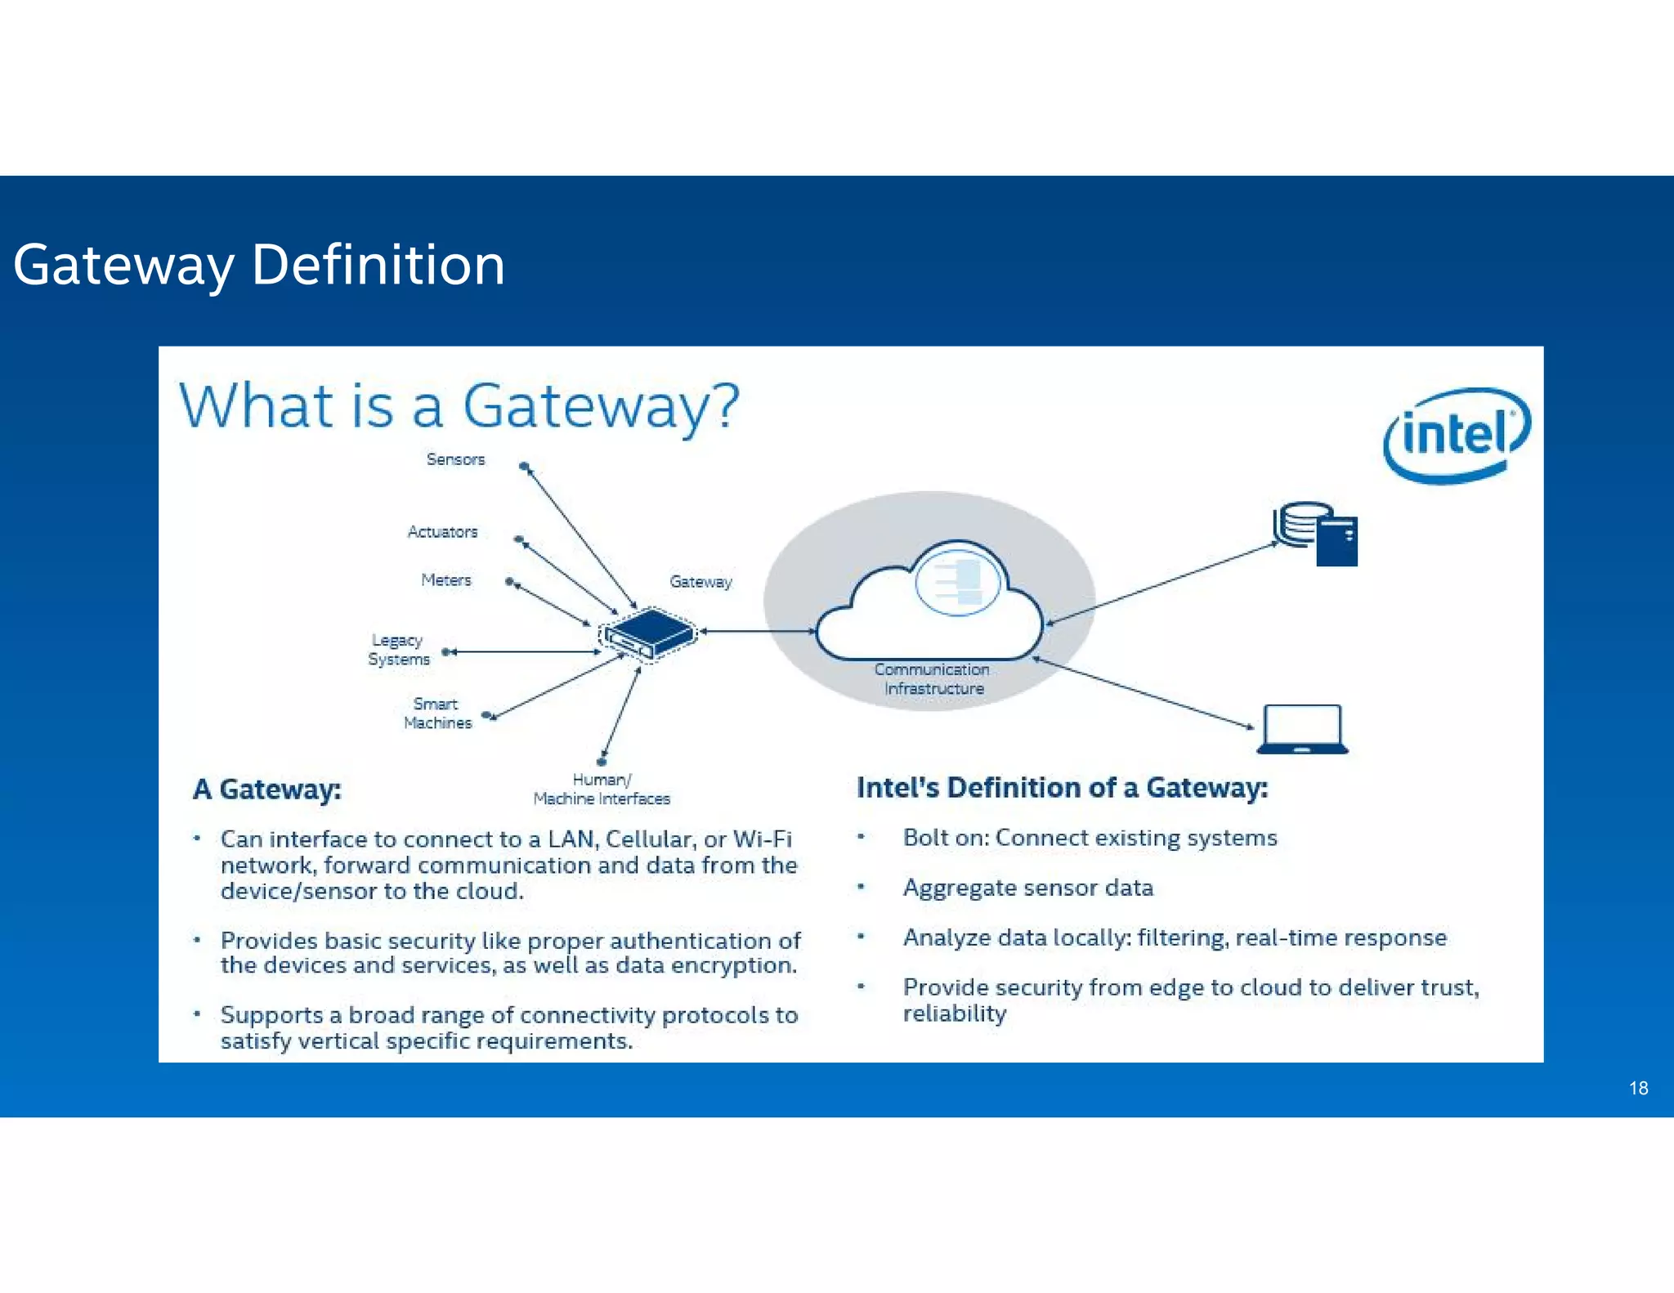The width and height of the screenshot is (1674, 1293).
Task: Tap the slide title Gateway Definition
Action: (259, 265)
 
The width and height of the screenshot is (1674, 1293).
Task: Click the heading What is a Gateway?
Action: (459, 405)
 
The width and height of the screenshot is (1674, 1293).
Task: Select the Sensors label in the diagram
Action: (455, 459)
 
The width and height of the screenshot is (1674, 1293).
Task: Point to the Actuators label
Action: (442, 532)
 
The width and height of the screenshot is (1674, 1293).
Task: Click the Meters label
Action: (446, 580)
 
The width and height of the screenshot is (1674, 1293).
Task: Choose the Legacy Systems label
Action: (398, 650)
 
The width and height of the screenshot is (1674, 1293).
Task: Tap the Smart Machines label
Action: (437, 714)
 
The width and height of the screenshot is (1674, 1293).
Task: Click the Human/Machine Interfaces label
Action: (602, 790)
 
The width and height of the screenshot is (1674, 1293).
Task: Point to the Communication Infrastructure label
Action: (933, 679)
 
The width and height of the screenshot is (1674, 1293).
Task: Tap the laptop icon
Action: (1302, 729)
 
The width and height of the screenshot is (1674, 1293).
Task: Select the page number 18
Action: (1638, 1088)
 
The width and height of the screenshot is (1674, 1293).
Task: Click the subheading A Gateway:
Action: (267, 790)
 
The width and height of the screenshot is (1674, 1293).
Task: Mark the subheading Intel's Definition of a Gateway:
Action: (1062, 788)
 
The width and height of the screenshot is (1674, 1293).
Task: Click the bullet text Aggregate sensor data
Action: (1027, 888)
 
